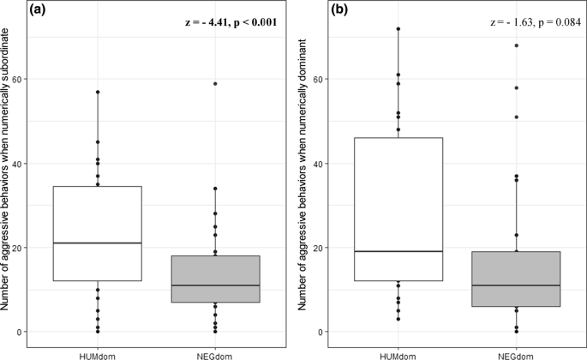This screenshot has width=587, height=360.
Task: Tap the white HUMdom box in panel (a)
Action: coord(98,233)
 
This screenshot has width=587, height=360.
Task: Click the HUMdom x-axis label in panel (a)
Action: coord(98,351)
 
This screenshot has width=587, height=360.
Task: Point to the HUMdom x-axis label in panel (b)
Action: coord(398,351)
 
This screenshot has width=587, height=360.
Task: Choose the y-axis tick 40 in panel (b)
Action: coord(321,163)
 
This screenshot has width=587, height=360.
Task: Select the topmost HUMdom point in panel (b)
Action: coord(398,29)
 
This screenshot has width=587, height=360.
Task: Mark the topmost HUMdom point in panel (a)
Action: coord(98,92)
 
